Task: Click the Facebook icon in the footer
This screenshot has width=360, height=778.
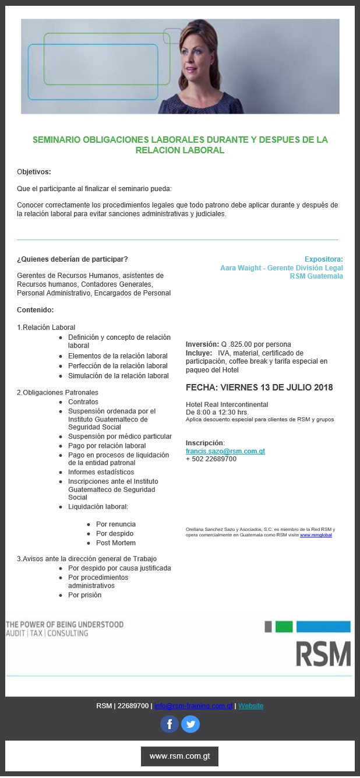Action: coord(170,724)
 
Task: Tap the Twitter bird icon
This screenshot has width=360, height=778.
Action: coord(190,724)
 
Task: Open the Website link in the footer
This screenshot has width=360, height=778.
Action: coord(250,706)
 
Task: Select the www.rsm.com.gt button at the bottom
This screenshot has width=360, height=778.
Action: coord(179,756)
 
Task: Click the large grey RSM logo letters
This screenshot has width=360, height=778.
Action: coord(323,654)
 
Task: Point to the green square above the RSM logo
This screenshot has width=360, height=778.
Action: coord(284,627)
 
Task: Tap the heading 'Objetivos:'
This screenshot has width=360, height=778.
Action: coord(34,172)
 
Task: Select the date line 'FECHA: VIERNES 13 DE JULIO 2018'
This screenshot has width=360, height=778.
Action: coord(259,388)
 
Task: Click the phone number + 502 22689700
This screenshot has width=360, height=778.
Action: coord(211,459)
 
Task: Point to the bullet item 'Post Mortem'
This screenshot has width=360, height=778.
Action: coord(116,543)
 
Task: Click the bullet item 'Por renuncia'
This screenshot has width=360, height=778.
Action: coord(116,524)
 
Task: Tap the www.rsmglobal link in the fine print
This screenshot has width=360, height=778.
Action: coord(316,534)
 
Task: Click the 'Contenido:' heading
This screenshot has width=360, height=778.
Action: coord(36,309)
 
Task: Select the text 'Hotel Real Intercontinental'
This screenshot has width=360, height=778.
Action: coord(227,404)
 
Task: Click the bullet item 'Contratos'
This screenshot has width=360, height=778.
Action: coord(83,402)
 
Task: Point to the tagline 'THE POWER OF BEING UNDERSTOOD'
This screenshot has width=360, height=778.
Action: coord(65,624)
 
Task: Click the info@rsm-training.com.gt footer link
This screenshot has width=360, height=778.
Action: coord(193,706)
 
